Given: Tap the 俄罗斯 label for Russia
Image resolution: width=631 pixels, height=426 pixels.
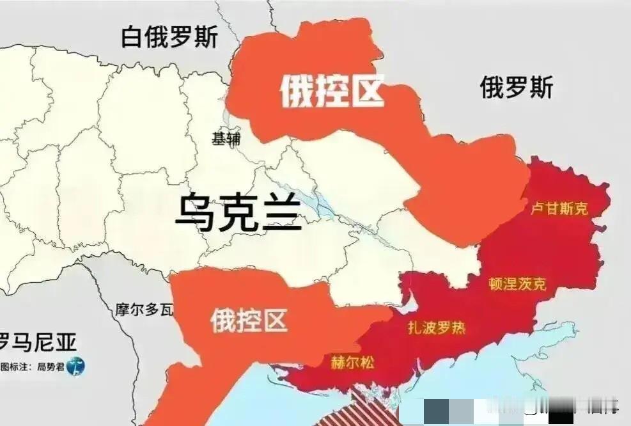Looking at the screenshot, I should point(517,87).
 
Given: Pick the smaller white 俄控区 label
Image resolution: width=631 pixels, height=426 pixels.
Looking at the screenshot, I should point(249,320).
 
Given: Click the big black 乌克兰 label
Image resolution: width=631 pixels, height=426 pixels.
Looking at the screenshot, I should point(238,215).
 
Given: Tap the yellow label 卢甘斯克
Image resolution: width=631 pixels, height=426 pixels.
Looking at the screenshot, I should point(559,209).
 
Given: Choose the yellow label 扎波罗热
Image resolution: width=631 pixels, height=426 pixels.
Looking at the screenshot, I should point(437,329).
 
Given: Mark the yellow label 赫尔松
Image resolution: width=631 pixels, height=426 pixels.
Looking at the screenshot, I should point(352,362).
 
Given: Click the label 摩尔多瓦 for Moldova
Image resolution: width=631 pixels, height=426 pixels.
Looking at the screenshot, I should point(144,311).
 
